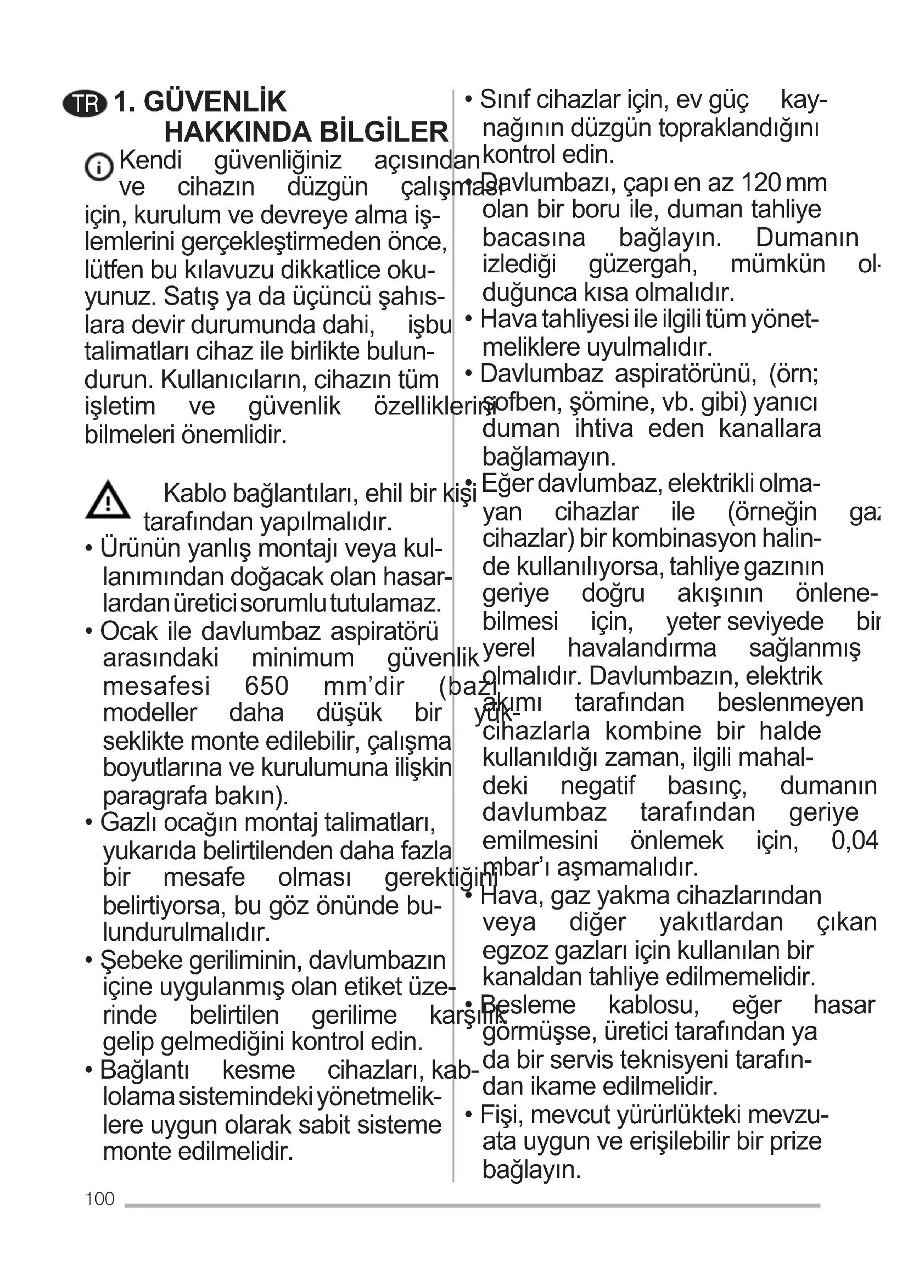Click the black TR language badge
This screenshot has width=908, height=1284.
85,104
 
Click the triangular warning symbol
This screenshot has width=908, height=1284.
108,500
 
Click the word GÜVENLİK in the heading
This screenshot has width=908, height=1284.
215,102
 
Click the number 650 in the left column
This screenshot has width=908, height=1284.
267,686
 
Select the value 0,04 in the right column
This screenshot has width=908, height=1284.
854,840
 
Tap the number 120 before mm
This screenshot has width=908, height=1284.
760,183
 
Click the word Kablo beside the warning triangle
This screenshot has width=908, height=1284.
194,494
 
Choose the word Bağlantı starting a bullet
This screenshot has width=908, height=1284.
145,1070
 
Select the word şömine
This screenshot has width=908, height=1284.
612,402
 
